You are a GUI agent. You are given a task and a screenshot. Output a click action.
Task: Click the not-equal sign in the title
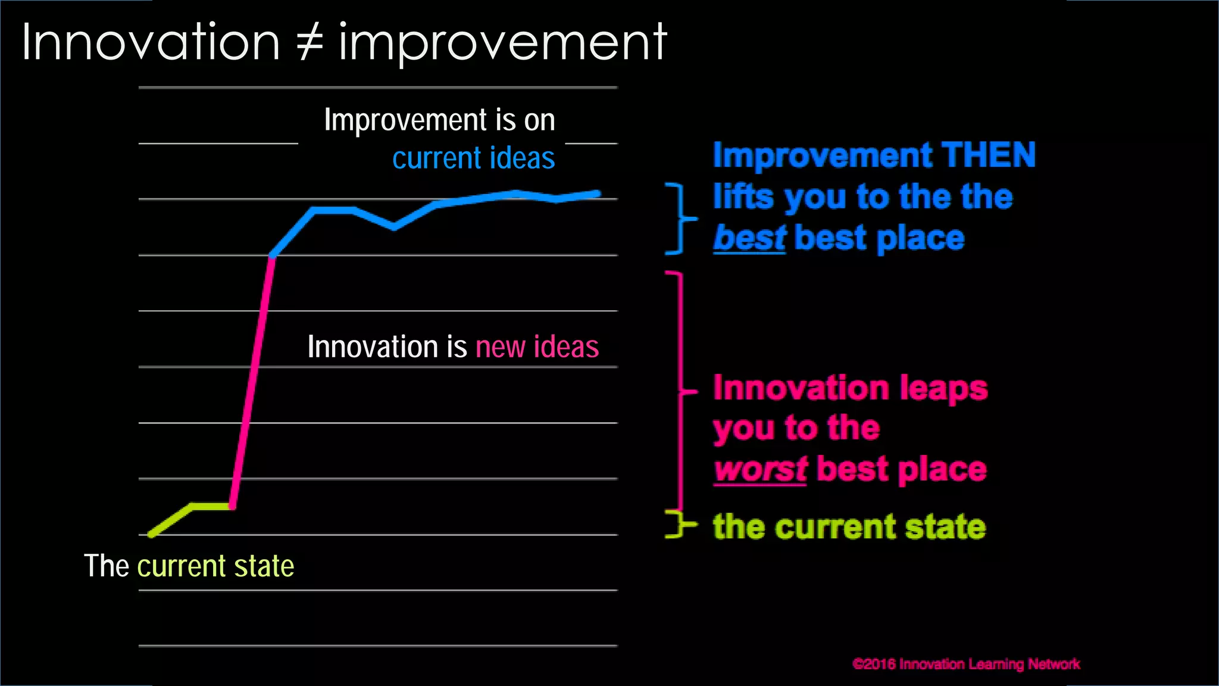pyautogui.click(x=310, y=43)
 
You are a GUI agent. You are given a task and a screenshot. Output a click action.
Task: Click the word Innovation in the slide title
pyautogui.click(x=151, y=43)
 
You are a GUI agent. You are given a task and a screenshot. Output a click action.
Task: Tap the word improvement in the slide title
pyautogui.click(x=503, y=43)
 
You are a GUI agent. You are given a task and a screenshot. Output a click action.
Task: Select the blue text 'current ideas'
pyautogui.click(x=473, y=158)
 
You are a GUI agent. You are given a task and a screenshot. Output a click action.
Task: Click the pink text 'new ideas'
pyautogui.click(x=537, y=347)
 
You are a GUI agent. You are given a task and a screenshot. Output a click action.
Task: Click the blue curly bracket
pyautogui.click(x=680, y=219)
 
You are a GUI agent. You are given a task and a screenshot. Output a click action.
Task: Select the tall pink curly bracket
pyautogui.click(x=681, y=391)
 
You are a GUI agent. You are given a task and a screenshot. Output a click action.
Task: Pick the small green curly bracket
pyautogui.click(x=679, y=524)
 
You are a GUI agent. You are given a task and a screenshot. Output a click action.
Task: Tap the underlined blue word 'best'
pyautogui.click(x=749, y=238)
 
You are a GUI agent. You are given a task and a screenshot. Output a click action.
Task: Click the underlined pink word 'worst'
pyautogui.click(x=760, y=469)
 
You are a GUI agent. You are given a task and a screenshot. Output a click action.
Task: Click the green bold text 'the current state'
pyautogui.click(x=849, y=527)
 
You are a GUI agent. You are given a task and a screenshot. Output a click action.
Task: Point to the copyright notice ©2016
pyautogui.click(x=965, y=664)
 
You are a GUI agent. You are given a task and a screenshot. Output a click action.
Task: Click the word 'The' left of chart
pyautogui.click(x=107, y=566)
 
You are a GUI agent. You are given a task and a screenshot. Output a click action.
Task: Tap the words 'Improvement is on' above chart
pyautogui.click(x=439, y=120)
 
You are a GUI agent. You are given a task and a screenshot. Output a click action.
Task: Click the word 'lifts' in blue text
pyautogui.click(x=743, y=197)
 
